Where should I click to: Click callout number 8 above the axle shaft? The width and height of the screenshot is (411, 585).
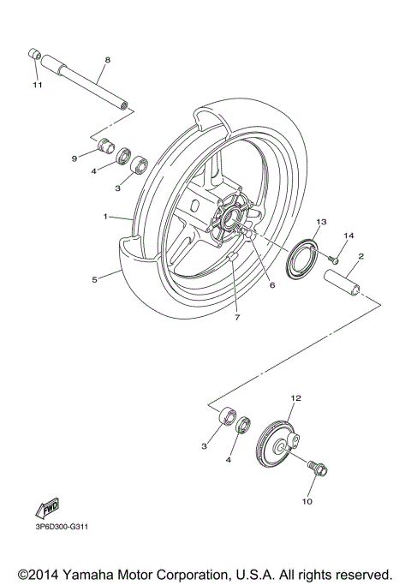click(x=107, y=60)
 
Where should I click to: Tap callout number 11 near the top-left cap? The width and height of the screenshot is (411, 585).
click(x=37, y=86)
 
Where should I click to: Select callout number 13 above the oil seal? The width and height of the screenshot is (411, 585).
click(x=321, y=222)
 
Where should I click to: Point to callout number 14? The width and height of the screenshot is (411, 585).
click(x=348, y=235)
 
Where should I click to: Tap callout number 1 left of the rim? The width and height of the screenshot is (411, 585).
click(x=104, y=217)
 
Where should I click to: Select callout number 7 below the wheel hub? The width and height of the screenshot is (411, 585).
click(x=237, y=318)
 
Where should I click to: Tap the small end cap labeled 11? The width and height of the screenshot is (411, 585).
click(x=35, y=56)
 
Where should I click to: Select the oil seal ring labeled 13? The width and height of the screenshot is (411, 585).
click(x=301, y=259)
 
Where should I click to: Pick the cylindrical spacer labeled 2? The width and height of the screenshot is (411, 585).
click(x=342, y=283)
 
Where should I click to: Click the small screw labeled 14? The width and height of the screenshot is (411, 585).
click(x=334, y=254)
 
